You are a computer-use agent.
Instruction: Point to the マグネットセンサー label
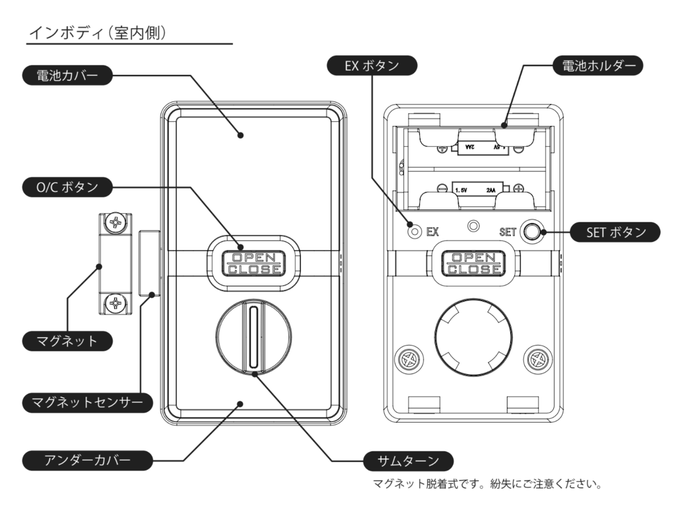point(86,401)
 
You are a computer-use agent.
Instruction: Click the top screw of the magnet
point(115,224)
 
